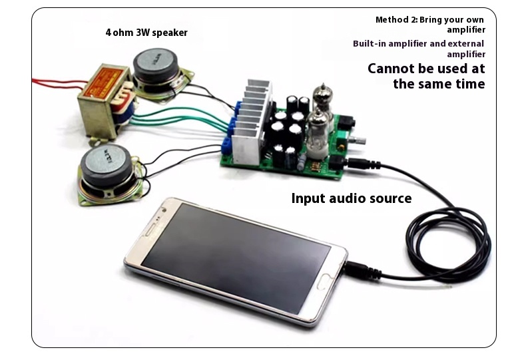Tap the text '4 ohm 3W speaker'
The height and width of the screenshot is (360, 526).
click(146, 32)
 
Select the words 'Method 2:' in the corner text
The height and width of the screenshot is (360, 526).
click(395, 19)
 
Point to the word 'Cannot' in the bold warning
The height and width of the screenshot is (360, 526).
click(394, 69)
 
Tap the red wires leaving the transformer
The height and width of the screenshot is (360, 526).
click(53, 83)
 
